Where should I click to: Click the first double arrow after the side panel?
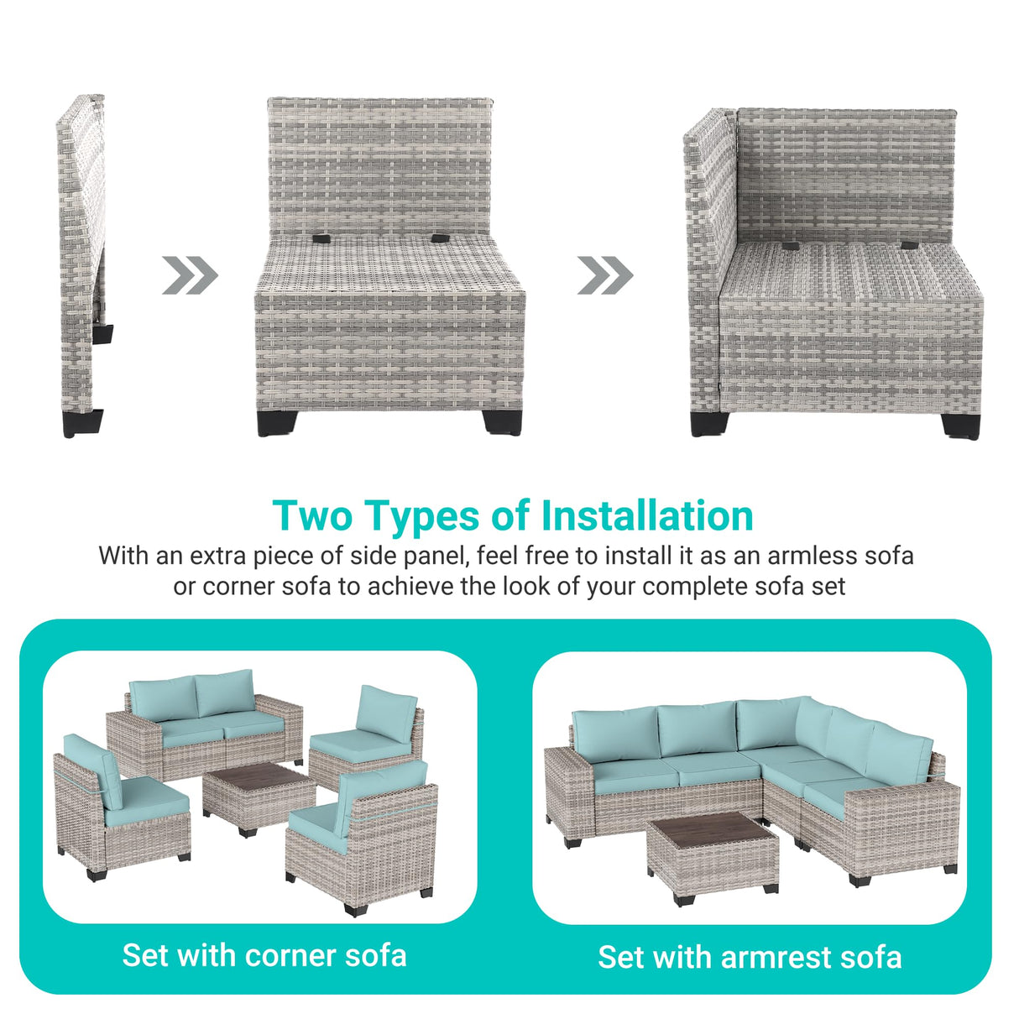tap(190, 275)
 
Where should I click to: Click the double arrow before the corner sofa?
tap(605, 275)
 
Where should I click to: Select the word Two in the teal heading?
tap(312, 515)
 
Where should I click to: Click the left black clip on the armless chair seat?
tap(321, 238)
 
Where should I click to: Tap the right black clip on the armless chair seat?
tap(440, 238)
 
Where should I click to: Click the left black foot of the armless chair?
tap(277, 423)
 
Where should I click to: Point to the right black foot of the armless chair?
tap(502, 423)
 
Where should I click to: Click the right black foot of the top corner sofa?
tap(959, 426)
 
